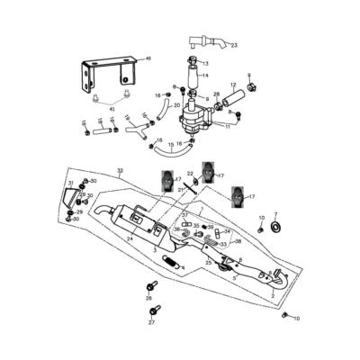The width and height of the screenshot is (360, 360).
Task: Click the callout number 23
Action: [235, 44]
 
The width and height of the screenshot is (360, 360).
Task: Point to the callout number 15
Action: [171, 144]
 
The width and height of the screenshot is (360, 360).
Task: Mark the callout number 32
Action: [120, 169]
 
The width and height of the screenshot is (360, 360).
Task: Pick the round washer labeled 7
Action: [276, 225]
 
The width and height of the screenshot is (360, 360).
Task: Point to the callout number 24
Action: [130, 240]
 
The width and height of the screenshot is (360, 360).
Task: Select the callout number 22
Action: [190, 174]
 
